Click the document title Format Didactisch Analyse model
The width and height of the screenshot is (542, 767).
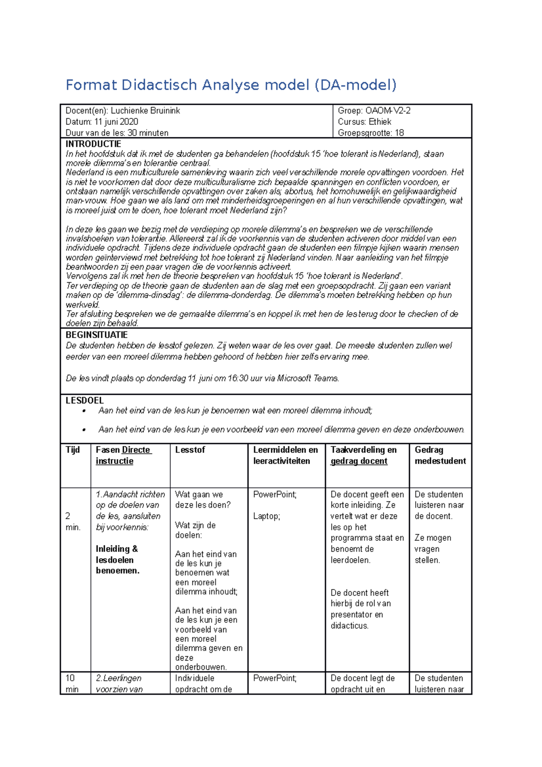(230, 85)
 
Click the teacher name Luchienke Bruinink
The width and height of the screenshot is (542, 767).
(145, 111)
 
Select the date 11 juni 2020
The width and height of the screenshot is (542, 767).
(116, 122)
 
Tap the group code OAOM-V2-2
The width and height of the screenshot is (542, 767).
(388, 111)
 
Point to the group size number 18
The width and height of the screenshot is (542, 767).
(399, 133)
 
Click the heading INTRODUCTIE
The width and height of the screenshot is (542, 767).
(93, 144)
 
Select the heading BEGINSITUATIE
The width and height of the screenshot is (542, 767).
(96, 335)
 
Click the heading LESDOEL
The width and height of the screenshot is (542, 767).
(84, 400)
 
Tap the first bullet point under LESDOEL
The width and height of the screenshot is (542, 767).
(84, 411)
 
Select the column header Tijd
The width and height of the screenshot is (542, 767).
(73, 449)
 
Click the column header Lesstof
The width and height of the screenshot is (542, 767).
(190, 449)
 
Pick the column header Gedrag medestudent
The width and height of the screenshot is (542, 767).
(439, 455)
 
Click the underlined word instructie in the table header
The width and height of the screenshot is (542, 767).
(114, 461)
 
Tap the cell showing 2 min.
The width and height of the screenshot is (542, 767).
(72, 521)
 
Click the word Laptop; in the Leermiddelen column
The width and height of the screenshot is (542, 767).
(266, 516)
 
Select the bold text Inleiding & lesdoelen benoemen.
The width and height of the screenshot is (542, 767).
(117, 560)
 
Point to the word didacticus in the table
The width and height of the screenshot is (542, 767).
(349, 626)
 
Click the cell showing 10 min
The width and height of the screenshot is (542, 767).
(71, 683)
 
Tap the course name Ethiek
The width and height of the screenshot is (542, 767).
(380, 122)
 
